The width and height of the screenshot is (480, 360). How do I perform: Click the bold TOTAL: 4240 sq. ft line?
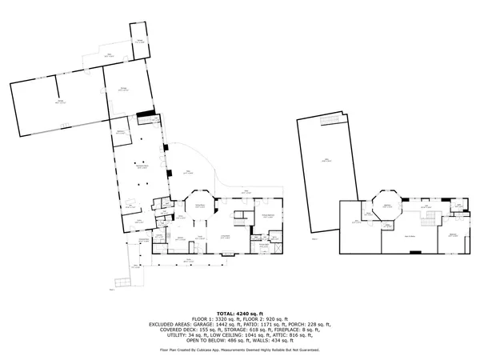[239, 313]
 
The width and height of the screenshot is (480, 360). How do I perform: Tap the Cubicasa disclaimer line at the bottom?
[239, 350]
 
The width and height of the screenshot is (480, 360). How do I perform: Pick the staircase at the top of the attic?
[328, 120]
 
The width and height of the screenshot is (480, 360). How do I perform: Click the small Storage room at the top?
[139, 40]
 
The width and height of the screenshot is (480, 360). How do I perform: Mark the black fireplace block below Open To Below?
[414, 252]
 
